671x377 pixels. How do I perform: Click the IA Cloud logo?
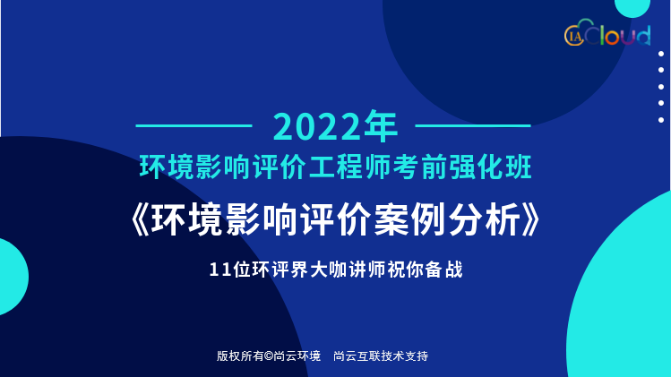(x=607, y=32)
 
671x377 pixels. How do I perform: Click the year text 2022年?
(x=335, y=126)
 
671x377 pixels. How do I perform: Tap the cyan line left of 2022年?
(x=194, y=125)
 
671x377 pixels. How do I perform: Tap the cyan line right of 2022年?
(x=473, y=125)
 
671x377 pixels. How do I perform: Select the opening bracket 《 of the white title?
(x=141, y=220)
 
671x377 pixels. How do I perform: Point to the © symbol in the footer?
(x=269, y=356)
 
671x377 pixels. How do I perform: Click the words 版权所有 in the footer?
(x=240, y=356)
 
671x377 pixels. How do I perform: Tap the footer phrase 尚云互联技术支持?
(x=381, y=356)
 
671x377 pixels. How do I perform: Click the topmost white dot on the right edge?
(x=661, y=54)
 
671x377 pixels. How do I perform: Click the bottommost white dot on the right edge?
(x=661, y=120)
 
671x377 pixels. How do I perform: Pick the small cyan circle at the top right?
(x=632, y=7)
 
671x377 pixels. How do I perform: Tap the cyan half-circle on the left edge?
(x=12, y=277)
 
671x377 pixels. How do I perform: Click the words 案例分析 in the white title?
(x=446, y=220)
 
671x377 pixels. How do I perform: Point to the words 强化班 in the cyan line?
(x=490, y=167)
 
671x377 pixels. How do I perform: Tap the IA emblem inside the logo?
(x=575, y=36)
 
